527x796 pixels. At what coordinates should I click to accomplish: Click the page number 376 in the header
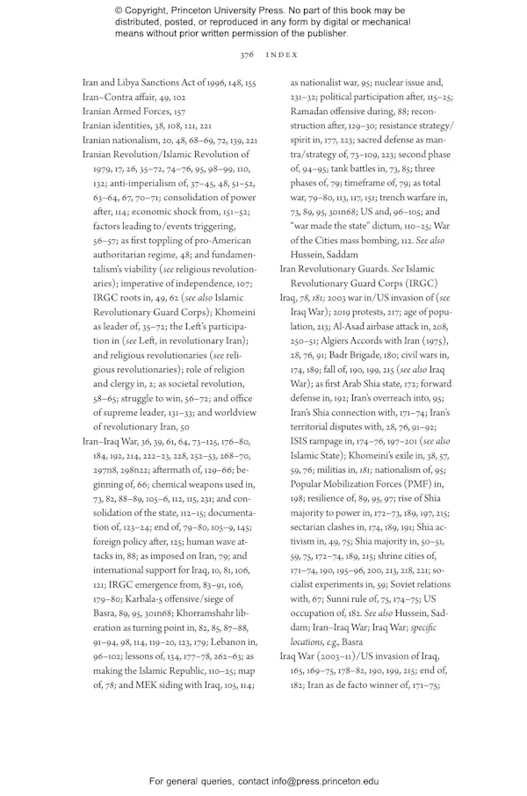click(247, 54)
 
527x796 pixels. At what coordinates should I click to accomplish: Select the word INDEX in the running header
click(280, 54)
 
